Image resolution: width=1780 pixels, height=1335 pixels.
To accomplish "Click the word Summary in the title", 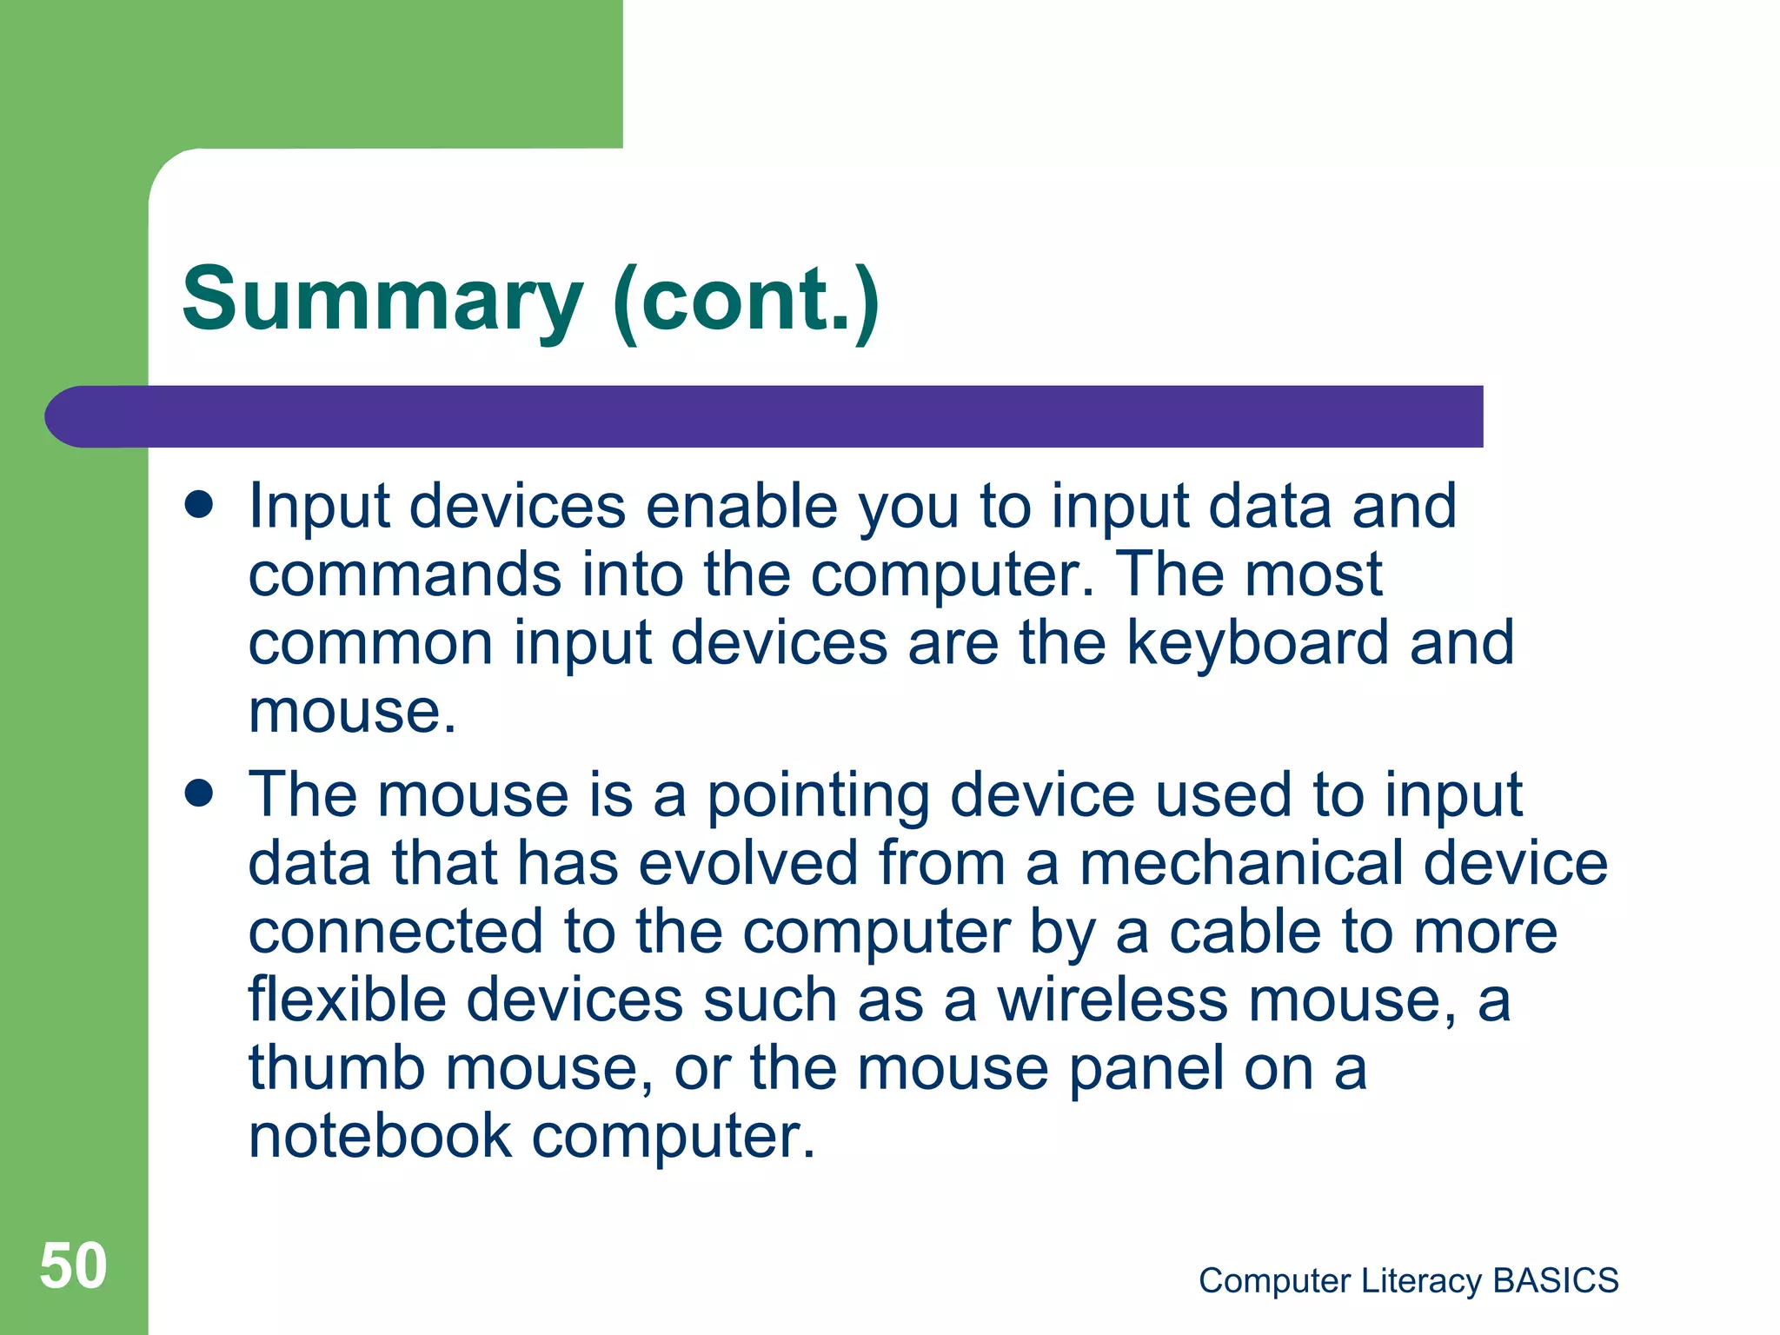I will coord(382,300).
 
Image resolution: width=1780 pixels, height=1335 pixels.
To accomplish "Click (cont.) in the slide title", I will coord(746,300).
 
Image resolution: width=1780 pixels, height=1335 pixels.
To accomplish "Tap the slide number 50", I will coord(73,1265).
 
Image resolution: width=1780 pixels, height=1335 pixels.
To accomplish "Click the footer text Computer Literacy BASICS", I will coord(1408,1280).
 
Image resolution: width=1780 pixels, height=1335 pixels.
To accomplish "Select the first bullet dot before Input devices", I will coord(199,505).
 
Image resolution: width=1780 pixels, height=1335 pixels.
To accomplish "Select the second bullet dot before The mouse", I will coord(199,793).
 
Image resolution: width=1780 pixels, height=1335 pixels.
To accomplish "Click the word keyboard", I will coord(1258,643).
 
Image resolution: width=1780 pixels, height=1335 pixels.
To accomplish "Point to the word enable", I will coord(741,506).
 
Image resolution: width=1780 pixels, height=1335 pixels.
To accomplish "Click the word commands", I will coord(405,575).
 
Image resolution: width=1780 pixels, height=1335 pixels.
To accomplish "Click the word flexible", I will coord(347,1000).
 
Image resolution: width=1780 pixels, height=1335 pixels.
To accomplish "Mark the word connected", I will coord(395,932).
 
